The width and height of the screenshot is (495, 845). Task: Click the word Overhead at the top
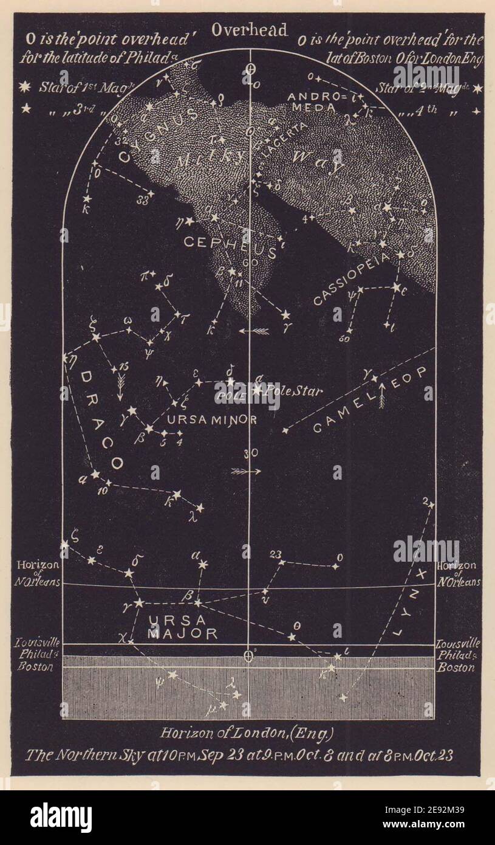click(250, 30)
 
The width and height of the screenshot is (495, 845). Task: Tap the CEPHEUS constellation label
click(230, 243)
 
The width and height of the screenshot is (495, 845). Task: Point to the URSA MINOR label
click(204, 419)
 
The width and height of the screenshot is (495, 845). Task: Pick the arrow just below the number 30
click(246, 471)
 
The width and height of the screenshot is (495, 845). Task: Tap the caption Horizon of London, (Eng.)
click(247, 733)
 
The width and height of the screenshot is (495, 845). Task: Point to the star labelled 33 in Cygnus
click(151, 193)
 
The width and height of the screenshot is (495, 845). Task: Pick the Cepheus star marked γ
click(285, 315)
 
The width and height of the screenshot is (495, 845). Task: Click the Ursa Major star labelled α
click(202, 565)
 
